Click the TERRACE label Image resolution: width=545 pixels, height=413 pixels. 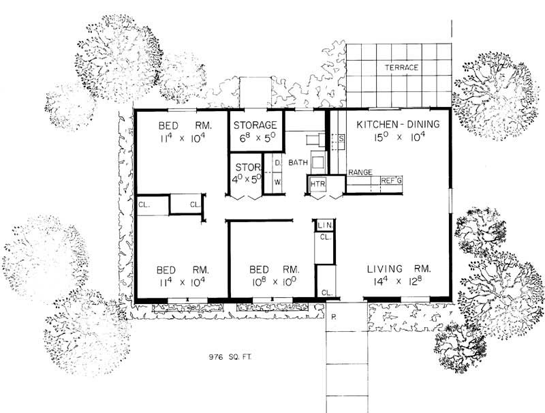[401, 67]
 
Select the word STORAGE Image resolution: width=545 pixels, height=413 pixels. [255, 125]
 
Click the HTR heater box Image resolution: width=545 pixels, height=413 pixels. [317, 185]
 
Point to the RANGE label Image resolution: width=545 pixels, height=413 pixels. [360, 173]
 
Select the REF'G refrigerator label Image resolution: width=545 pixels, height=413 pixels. [391, 181]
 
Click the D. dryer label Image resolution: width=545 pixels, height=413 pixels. [278, 164]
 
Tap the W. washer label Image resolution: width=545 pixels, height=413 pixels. [278, 183]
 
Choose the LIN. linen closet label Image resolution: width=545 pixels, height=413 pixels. [324, 225]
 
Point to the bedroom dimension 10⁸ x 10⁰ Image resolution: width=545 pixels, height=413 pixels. [271, 281]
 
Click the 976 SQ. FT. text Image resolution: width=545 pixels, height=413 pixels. [230, 356]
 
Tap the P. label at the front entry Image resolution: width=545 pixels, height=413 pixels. [334, 317]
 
